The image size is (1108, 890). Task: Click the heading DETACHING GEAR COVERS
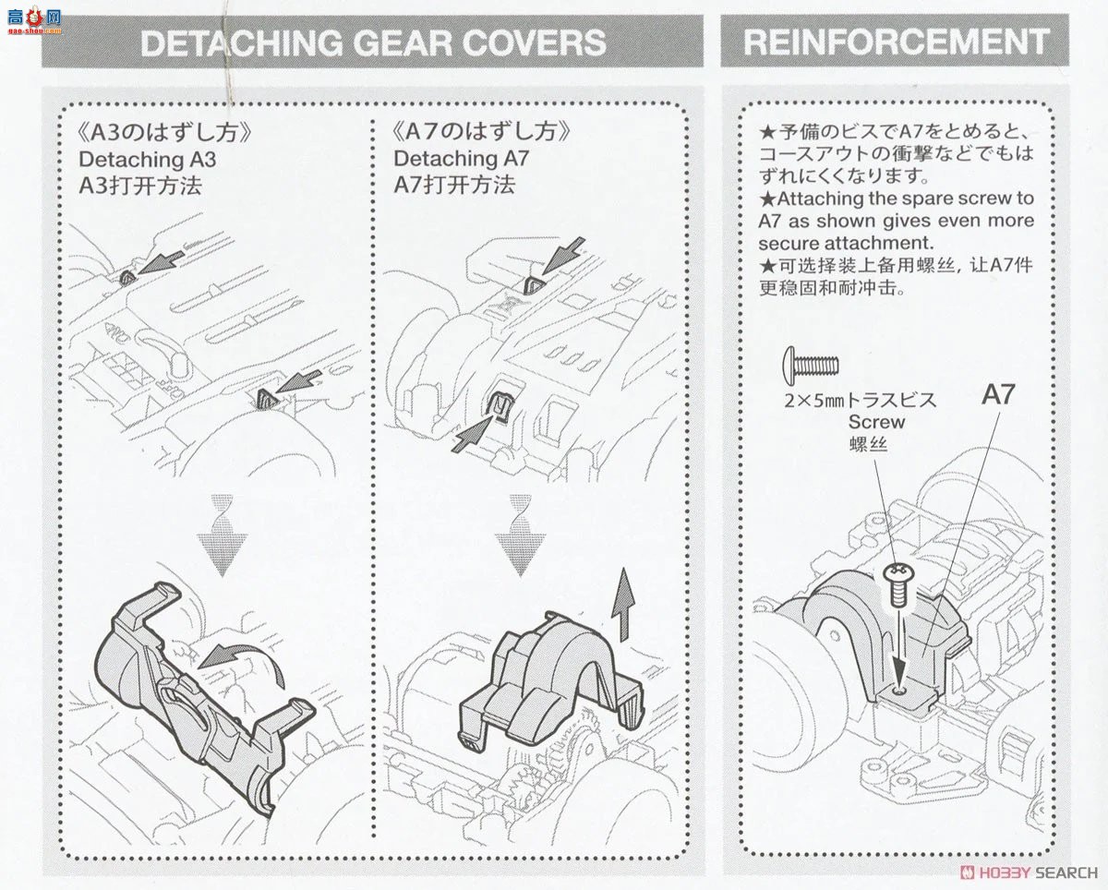click(373, 42)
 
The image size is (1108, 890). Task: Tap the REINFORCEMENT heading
click(896, 42)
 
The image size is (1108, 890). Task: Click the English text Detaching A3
click(148, 159)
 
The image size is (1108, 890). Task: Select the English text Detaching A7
click(462, 159)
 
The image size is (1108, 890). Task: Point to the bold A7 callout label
click(997, 396)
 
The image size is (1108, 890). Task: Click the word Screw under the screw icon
click(876, 422)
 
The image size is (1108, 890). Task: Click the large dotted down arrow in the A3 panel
click(222, 535)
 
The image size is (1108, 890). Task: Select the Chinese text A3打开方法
click(140, 185)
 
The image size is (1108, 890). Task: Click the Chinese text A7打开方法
click(454, 185)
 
